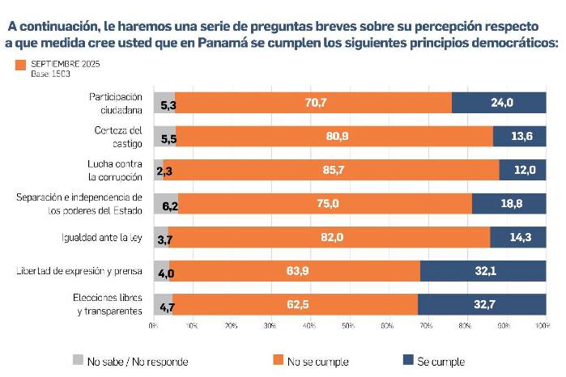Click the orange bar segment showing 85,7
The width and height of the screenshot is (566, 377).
[x=331, y=171]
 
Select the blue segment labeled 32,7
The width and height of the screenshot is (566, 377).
[x=481, y=306]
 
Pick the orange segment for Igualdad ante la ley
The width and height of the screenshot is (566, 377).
[x=330, y=237]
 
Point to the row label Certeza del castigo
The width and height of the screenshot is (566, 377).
[x=119, y=136]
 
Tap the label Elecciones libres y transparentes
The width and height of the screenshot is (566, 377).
[x=107, y=305]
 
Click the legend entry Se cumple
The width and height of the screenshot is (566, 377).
[x=440, y=361]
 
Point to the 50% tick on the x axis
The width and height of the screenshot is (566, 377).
[x=348, y=325]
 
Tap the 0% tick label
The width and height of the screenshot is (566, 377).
[x=153, y=325]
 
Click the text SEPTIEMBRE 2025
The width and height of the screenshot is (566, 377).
[x=66, y=63]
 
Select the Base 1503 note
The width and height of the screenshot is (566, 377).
[x=49, y=74]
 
